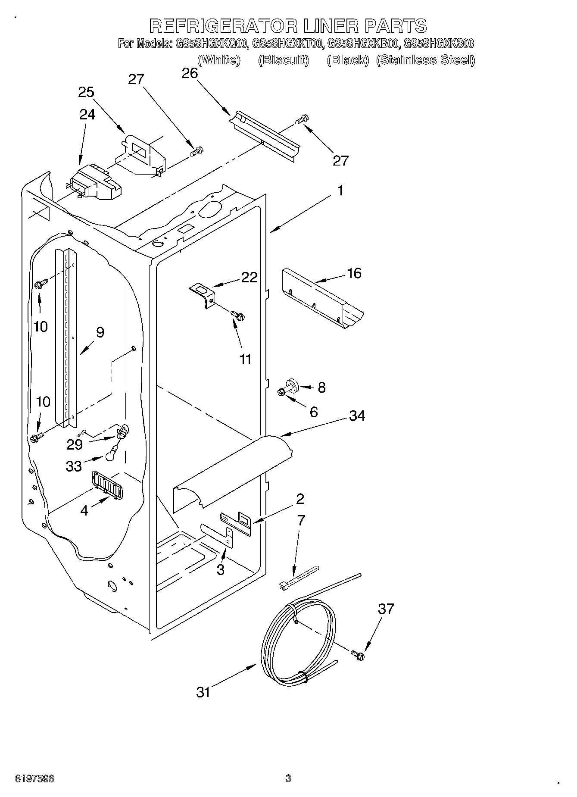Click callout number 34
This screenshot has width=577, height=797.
tap(357, 416)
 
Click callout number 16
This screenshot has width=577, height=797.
tap(354, 273)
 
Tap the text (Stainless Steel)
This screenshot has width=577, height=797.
tap(425, 60)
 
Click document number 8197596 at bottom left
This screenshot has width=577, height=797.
tap(34, 779)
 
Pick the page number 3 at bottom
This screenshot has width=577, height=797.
tap(288, 778)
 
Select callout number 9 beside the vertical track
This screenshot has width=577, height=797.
tap(100, 332)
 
